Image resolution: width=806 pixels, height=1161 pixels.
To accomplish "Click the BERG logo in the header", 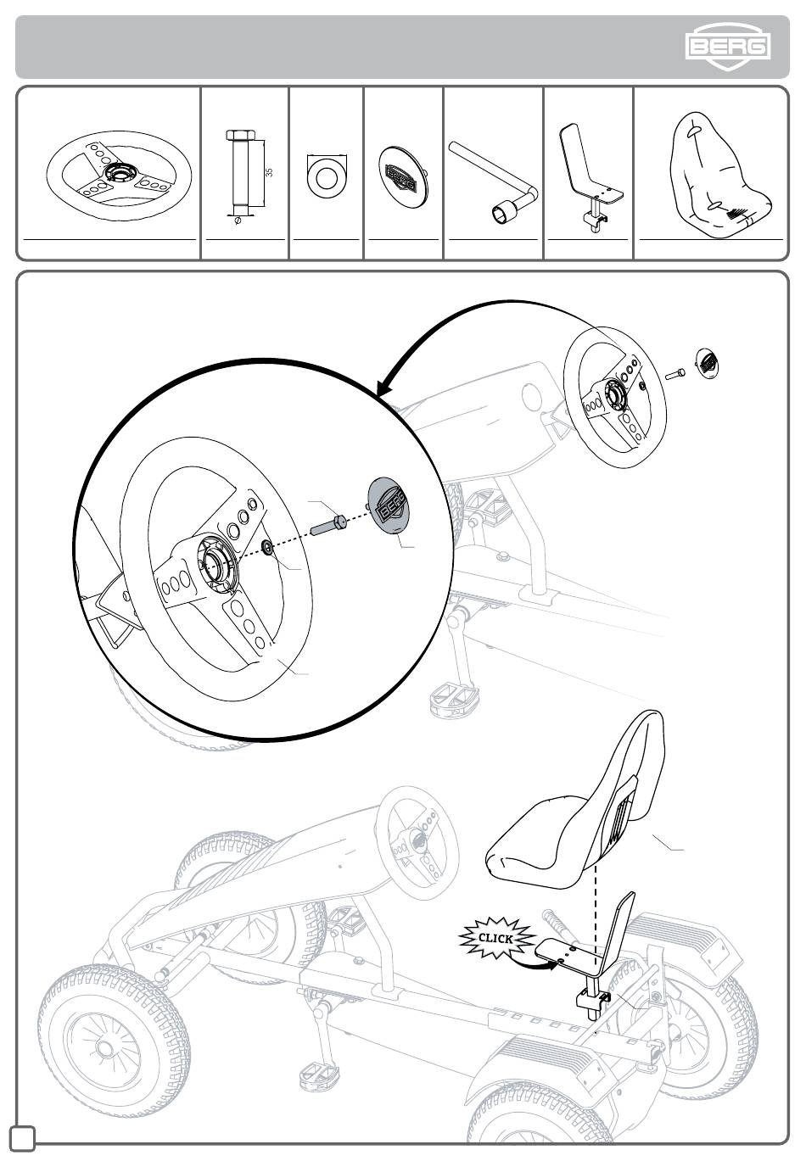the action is click(x=728, y=46).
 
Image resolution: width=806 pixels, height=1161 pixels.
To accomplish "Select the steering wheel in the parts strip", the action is click(x=119, y=176).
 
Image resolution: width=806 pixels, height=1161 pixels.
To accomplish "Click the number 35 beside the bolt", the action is click(x=269, y=172).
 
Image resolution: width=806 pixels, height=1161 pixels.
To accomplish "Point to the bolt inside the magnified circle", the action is click(x=328, y=524).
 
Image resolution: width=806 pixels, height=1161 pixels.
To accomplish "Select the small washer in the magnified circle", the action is click(x=268, y=546).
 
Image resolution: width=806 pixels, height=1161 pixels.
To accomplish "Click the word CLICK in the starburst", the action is click(x=495, y=938).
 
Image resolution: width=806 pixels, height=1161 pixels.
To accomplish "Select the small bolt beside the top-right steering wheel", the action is click(x=674, y=373).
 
